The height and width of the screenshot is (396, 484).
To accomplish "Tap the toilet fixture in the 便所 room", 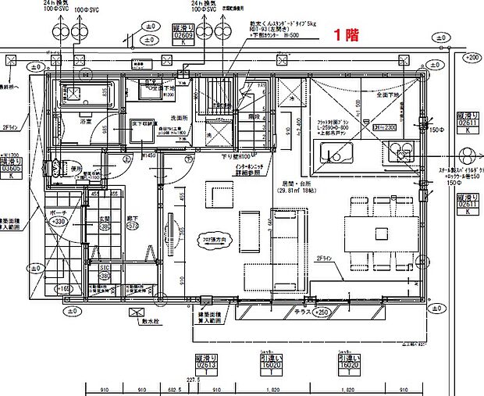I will tap(55, 168).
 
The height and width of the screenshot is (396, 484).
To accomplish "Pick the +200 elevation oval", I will tap(472, 58).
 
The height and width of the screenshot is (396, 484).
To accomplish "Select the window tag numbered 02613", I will tap(205, 363).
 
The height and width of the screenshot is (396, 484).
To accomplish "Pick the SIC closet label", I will tap(104, 269).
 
